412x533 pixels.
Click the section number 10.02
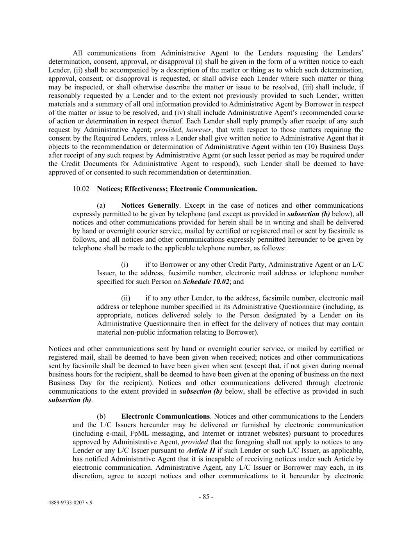pyautogui.click(x=81, y=189)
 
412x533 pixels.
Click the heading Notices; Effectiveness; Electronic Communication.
pyautogui.click(x=177, y=189)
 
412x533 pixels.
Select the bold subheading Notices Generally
pyautogui.click(x=150, y=205)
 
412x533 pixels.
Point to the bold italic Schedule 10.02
pyautogui.click(x=206, y=282)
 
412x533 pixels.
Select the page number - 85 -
pyautogui.click(x=206, y=497)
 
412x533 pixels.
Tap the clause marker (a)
pyautogui.click(x=101, y=205)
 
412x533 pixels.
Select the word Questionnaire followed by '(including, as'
pyautogui.click(x=307, y=307)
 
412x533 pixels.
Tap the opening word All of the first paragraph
pyautogui.click(x=77, y=53)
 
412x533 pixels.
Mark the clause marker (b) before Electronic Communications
pyautogui.click(x=101, y=417)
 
